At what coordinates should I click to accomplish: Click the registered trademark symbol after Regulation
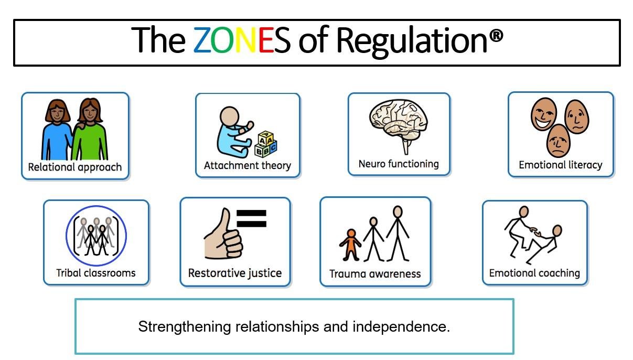click(x=497, y=36)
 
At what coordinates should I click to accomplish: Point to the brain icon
click(x=400, y=124)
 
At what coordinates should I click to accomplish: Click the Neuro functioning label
click(x=399, y=164)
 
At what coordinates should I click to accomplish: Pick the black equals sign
click(x=252, y=218)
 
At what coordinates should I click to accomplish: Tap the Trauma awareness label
click(x=375, y=274)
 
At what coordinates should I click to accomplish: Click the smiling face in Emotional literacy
click(x=543, y=114)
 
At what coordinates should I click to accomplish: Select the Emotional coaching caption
click(x=534, y=273)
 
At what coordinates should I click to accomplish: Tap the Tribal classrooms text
click(x=96, y=273)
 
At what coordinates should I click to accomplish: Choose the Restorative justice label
click(x=235, y=273)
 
